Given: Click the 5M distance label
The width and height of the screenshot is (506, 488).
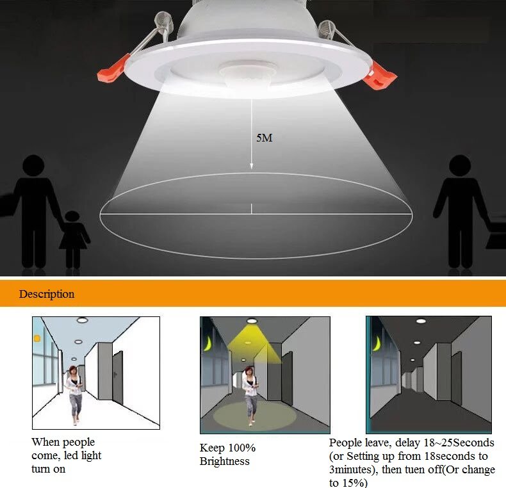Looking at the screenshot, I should pos(264,138).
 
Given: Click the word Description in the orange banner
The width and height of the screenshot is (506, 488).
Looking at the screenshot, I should pos(46,295).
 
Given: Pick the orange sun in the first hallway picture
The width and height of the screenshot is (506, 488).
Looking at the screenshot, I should pos(37,338).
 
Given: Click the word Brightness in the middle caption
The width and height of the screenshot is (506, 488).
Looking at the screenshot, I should pos(224,461).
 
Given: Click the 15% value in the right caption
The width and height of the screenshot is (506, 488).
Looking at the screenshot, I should pos(355,484).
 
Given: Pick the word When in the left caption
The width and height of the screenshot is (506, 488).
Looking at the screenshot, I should pos(45,442).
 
